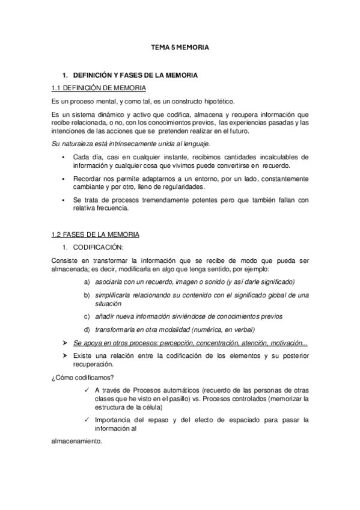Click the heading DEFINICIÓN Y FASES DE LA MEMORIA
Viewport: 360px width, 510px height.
click(x=135, y=77)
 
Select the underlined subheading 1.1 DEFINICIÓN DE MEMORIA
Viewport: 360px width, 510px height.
click(x=96, y=88)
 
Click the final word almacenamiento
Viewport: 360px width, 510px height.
click(x=76, y=441)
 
